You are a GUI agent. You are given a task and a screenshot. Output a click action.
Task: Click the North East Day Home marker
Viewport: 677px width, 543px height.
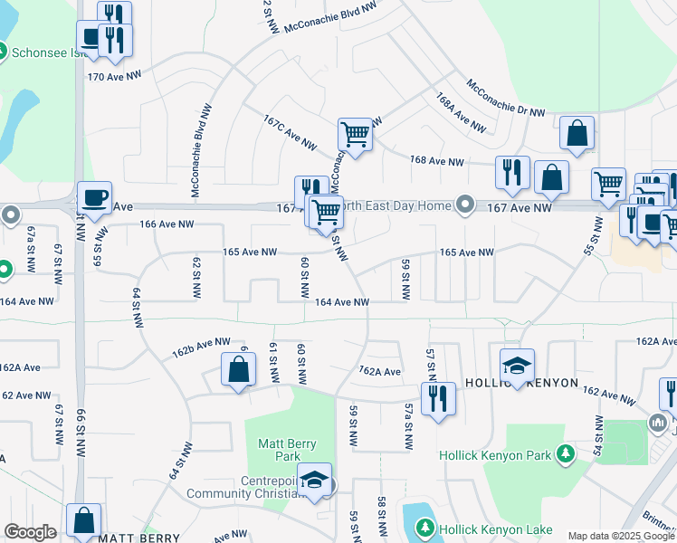466,205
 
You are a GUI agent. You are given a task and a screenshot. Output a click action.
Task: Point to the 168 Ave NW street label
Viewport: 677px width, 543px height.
436,162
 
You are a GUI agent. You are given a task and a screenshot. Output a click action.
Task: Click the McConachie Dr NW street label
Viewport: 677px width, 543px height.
506,98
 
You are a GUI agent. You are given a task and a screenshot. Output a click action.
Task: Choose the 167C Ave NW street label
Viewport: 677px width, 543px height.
290,132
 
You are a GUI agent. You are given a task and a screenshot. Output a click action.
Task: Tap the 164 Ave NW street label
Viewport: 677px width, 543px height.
343,302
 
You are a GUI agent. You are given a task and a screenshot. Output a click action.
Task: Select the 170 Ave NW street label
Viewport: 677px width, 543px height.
111,77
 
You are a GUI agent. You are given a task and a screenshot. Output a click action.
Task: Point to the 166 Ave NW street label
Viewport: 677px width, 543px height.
167,224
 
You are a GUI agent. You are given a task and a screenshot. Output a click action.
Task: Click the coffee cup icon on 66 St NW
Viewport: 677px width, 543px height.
93,197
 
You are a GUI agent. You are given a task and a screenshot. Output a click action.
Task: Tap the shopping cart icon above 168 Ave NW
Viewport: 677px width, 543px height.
355,135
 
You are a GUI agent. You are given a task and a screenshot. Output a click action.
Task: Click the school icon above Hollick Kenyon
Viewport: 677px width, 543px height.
517,365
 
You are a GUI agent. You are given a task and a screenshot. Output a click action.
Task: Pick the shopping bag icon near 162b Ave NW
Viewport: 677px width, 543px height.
237,369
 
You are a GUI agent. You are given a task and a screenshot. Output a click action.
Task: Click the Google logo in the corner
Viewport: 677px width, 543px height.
30,532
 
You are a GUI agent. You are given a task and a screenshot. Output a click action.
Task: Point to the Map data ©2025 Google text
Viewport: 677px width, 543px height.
620,536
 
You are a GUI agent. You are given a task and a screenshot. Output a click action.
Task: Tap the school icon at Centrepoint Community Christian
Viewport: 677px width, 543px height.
315,480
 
